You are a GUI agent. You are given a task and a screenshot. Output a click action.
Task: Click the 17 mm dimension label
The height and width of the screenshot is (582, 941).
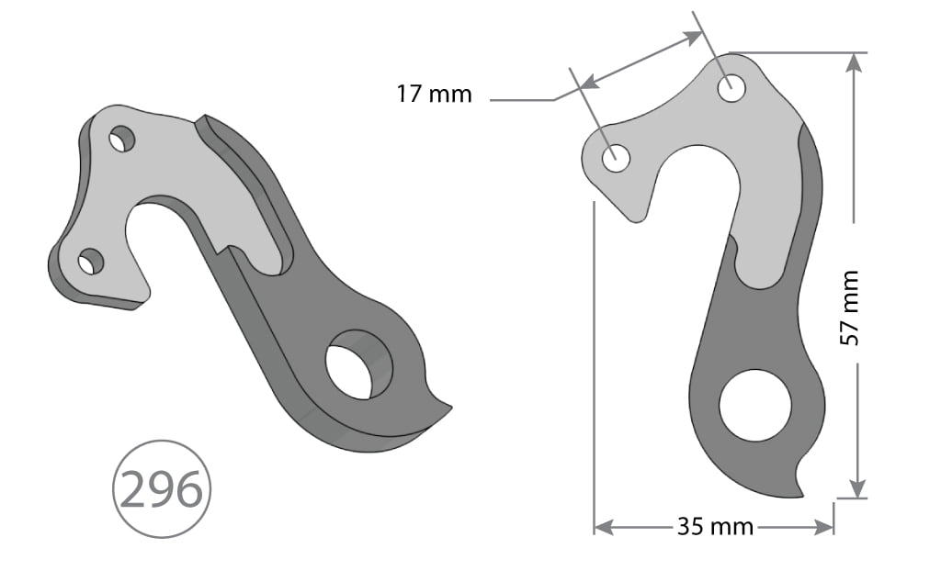click(434, 94)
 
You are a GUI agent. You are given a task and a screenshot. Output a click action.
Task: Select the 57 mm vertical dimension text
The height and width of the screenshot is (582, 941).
click(850, 308)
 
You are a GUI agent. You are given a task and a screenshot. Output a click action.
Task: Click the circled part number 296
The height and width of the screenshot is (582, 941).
click(162, 491)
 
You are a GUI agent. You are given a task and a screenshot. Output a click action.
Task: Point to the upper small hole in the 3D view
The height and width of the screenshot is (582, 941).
click(121, 140)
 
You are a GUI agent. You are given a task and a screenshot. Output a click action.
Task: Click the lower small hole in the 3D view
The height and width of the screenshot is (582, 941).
click(90, 262)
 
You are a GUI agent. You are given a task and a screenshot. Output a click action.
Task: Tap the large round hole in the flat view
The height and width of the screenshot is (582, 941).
click(755, 405)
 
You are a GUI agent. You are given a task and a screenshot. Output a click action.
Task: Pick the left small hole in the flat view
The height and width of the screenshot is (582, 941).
click(616, 158)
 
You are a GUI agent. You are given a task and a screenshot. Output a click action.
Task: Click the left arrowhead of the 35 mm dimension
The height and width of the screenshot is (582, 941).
click(603, 527)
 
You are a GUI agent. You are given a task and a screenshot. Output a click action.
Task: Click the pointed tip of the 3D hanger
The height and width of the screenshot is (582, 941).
click(450, 407)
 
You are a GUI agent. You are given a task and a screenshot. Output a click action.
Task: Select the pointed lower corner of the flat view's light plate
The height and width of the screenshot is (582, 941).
click(633, 219)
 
